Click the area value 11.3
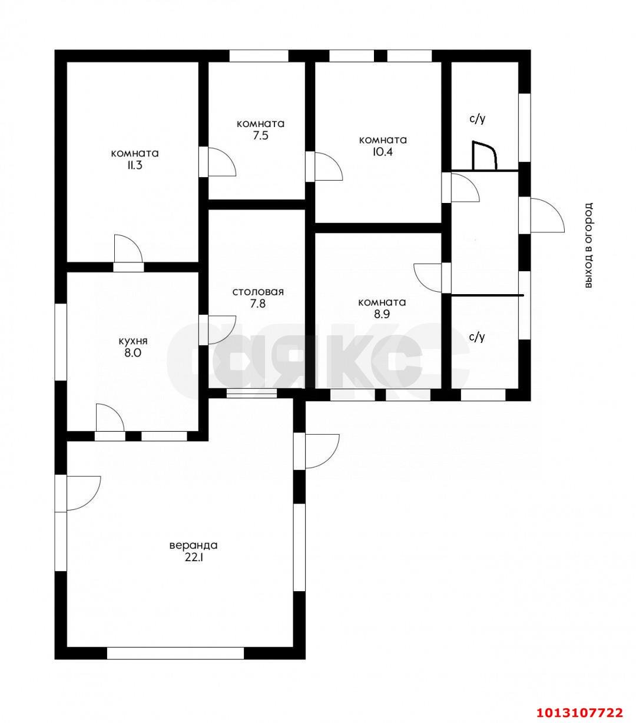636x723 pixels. [x=135, y=166]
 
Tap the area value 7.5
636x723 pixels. [x=260, y=136]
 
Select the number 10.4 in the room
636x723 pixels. [x=383, y=152]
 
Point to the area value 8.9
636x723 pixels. [x=382, y=314]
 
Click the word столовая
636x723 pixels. [x=258, y=292]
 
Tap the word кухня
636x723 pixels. [x=133, y=341]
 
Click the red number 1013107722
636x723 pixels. [x=579, y=702]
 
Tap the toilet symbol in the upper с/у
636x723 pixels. [x=485, y=155]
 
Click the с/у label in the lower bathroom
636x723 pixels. [x=478, y=337]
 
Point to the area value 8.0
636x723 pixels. [x=132, y=354]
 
